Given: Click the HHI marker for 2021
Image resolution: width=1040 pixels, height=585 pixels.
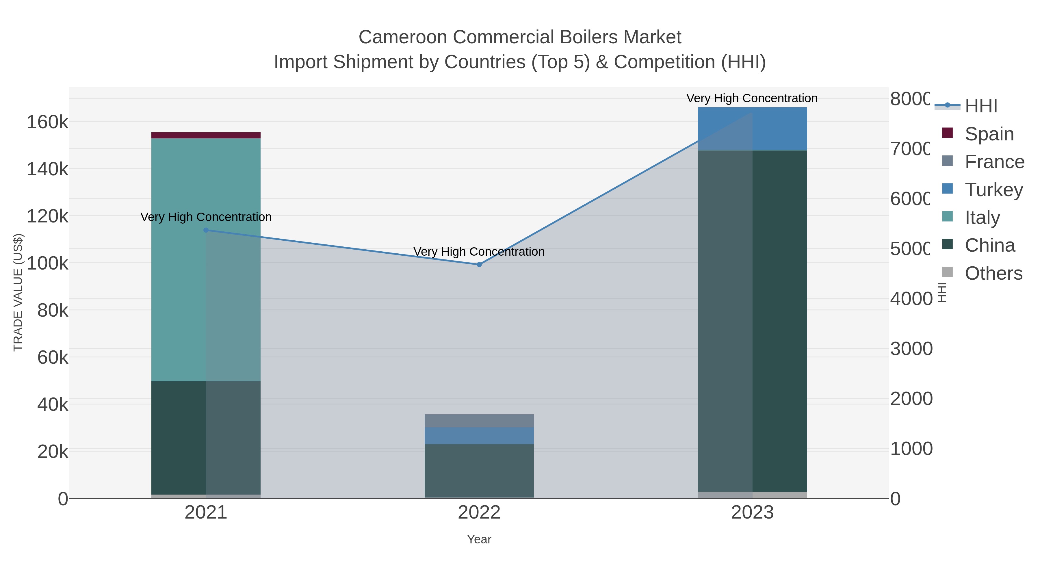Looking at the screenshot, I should click(206, 230).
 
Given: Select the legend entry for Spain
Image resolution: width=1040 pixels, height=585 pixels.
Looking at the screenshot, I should click(989, 134).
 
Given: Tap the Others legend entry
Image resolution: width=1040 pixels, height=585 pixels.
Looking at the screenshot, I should click(993, 273).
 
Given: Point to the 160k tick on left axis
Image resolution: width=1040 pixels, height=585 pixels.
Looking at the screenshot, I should click(47, 122).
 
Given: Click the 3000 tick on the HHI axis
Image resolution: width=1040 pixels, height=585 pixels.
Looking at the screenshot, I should click(911, 349).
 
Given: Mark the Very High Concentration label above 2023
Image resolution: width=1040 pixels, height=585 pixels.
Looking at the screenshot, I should click(752, 98).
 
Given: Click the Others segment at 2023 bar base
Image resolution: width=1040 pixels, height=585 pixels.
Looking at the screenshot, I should click(752, 495).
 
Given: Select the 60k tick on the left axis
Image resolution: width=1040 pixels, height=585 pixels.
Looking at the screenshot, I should click(53, 358).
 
